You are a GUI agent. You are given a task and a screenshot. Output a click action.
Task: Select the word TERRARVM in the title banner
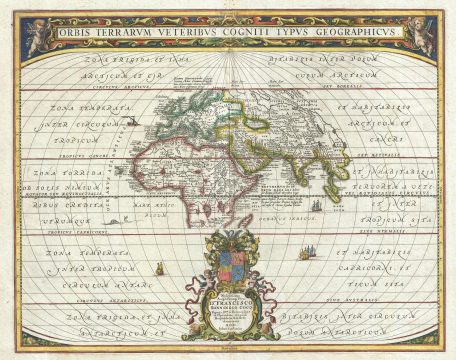(x=133, y=30)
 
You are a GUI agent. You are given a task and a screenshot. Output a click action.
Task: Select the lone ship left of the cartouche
(x=159, y=268)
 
